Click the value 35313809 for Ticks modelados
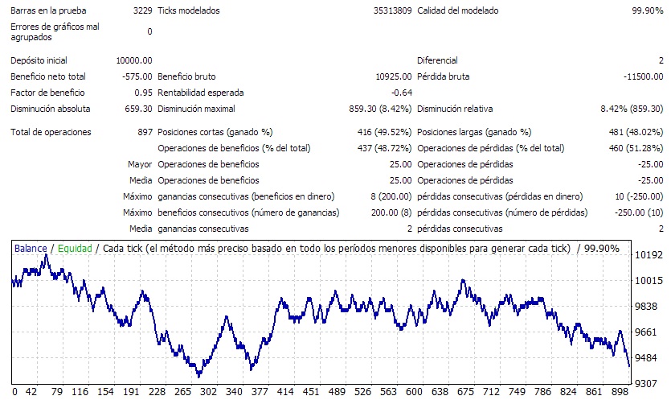pos(392,11)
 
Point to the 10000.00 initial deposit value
pos(133,60)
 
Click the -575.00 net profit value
pos(137,76)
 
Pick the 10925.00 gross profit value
pos(394,76)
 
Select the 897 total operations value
pos(145,132)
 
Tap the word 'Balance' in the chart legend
pos(31,249)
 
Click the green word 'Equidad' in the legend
pos(74,249)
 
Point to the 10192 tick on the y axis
pos(648,255)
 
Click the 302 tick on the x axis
pos(209,392)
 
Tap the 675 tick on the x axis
pos(465,392)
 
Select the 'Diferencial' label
pos(437,60)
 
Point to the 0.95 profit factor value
pos(143,93)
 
